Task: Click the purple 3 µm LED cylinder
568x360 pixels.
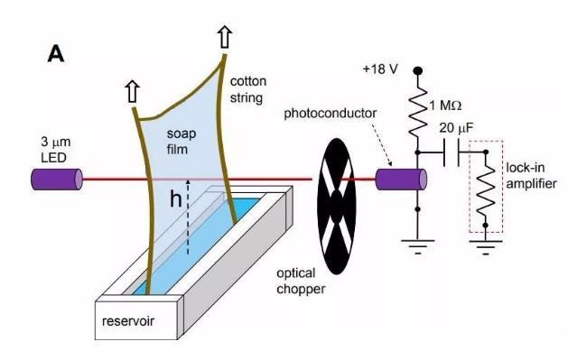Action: coord(57,180)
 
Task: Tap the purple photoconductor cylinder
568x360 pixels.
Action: coord(401,180)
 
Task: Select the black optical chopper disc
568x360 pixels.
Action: coord(337,207)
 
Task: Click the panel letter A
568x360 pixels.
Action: coord(56,55)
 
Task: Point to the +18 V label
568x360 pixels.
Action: coord(380,69)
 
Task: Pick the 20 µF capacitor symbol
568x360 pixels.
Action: coord(452,153)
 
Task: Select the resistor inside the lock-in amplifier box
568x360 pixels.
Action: coord(486,189)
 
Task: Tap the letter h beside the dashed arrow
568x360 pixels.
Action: coord(176,198)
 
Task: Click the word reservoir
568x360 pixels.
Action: coord(128,321)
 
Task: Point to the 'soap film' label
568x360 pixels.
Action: coord(182,141)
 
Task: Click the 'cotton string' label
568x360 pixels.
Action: coord(248,89)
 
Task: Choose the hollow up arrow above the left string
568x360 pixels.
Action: coord(133,92)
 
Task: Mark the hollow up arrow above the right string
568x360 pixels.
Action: coord(225,37)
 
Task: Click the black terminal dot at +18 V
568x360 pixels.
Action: coord(418,70)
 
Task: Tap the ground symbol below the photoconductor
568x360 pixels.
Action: coord(418,246)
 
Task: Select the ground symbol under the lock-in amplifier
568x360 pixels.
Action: coord(486,246)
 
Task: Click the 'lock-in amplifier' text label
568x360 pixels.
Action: coord(531,175)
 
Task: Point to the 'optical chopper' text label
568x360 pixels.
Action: coord(301,282)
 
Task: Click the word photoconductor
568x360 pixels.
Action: coord(330,114)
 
